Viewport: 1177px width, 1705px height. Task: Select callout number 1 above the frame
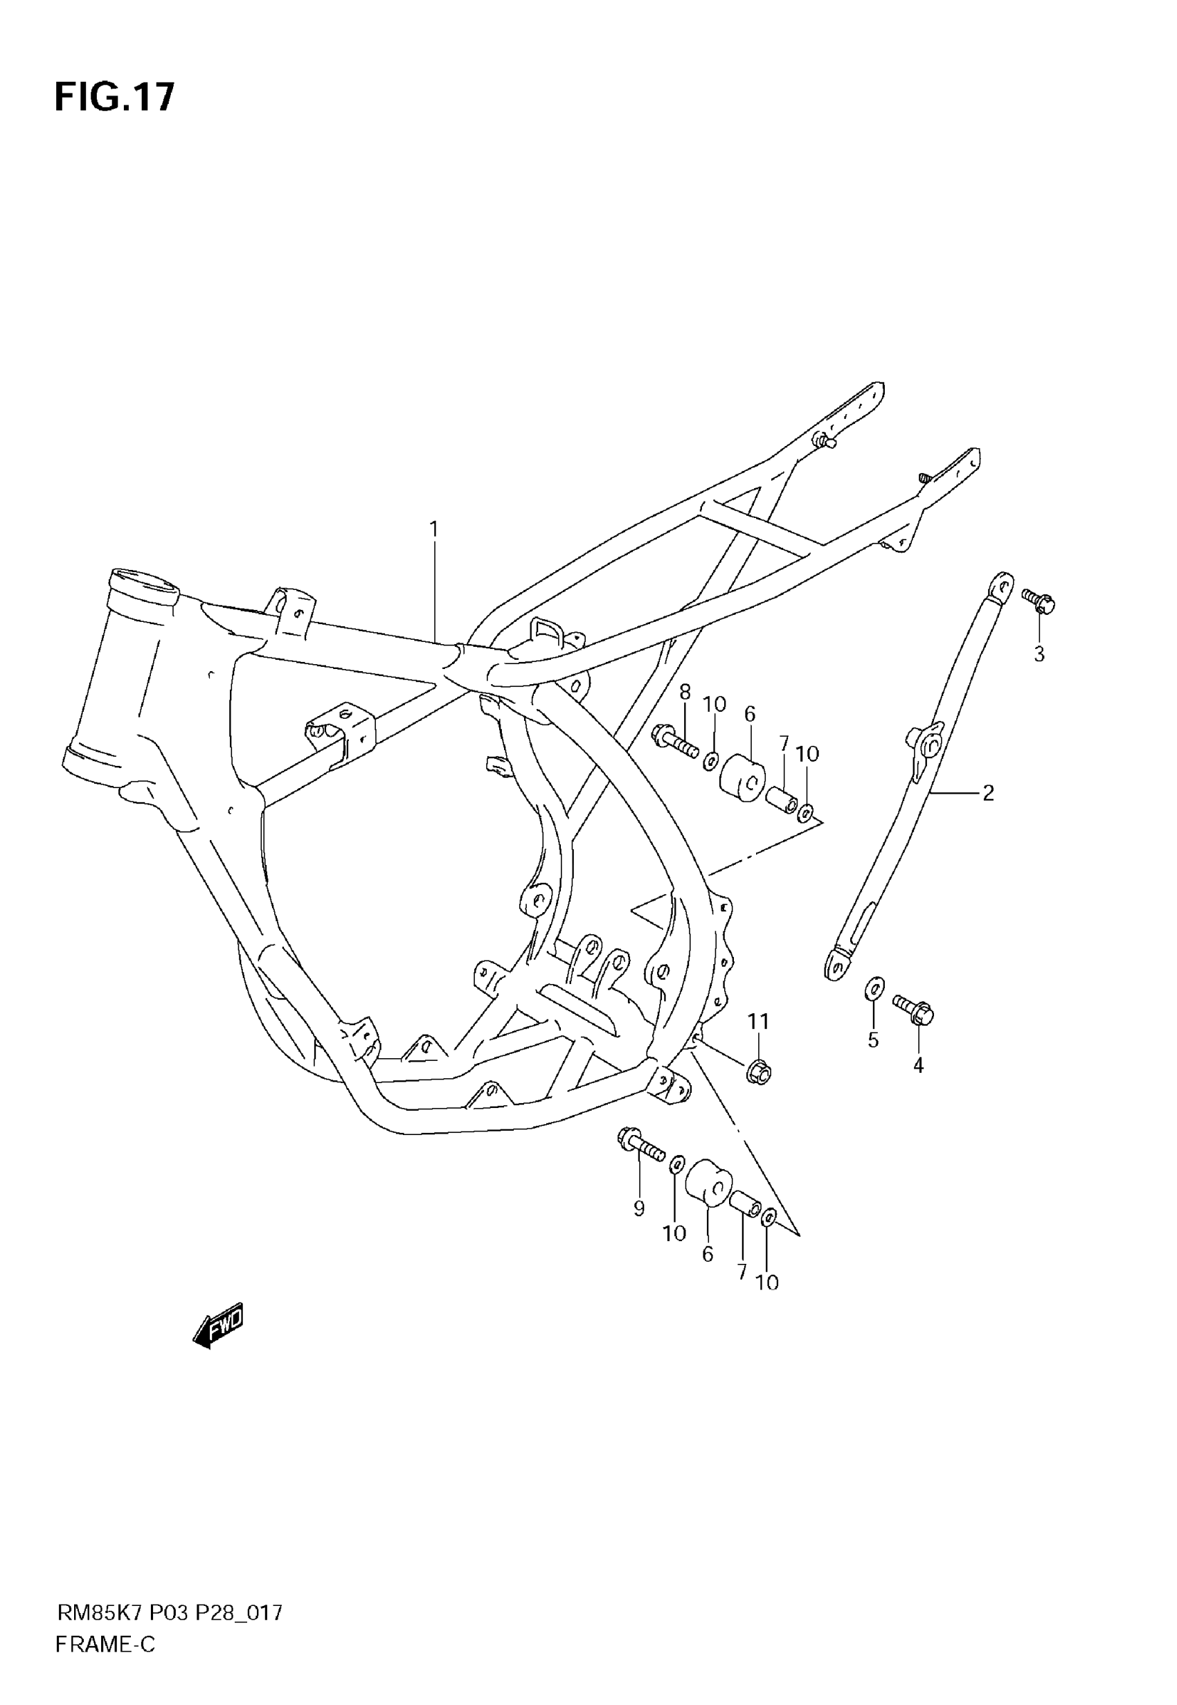point(433,530)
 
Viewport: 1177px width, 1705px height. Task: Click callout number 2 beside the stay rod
point(988,793)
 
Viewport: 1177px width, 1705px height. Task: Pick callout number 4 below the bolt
point(918,1065)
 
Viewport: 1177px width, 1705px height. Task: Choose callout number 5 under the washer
point(873,1041)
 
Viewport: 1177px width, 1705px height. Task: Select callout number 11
point(758,1021)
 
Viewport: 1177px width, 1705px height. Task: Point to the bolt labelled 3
point(1039,602)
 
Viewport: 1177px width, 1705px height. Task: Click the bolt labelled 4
point(914,1009)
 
